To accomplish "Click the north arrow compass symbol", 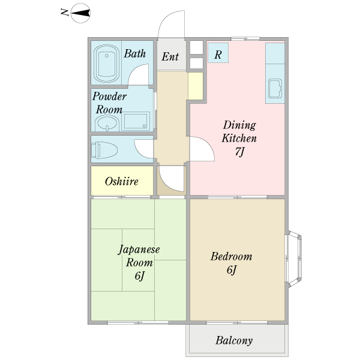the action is coord(80,13).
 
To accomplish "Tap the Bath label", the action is coord(135,54).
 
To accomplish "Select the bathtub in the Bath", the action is coord(107,64).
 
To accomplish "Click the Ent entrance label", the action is coord(170,57).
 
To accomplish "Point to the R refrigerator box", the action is coord(218,53).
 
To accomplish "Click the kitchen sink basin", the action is coord(275,89).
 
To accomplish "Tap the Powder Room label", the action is coord(109,103).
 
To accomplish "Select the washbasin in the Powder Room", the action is coord(107,123).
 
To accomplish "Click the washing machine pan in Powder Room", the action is coord(136,121).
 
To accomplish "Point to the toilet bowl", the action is coord(104,150).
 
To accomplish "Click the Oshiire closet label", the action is coord(122,182).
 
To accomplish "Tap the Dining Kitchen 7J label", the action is coord(239,138).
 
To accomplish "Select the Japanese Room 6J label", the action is coord(139,262).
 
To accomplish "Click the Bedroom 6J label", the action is coord(232,263).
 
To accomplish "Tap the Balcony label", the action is coord(234,340).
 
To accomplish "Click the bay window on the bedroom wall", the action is coord(294,259).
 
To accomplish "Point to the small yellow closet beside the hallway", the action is coord(196,86).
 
